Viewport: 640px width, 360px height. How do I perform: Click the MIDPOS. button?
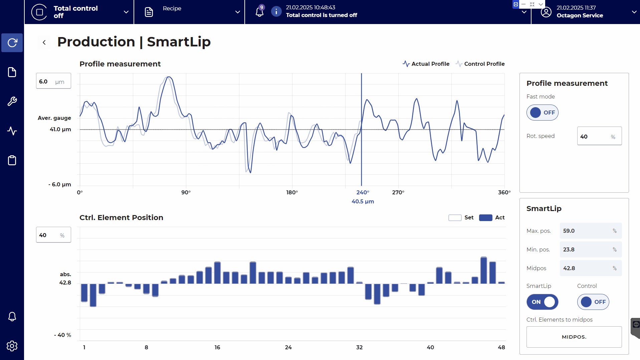(574, 337)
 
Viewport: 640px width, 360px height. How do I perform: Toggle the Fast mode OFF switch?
(542, 113)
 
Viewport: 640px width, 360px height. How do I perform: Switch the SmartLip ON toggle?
(542, 302)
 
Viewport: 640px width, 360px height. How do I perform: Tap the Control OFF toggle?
(593, 302)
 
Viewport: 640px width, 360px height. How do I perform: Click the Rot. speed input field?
(599, 136)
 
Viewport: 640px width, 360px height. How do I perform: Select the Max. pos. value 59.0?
(590, 231)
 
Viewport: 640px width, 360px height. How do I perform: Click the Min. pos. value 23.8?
(590, 249)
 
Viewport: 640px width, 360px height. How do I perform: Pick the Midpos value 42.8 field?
(590, 268)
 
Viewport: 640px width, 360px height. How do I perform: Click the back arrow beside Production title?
(44, 42)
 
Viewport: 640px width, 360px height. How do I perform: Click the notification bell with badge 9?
(259, 12)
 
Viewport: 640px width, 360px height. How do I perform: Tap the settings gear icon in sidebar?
(12, 346)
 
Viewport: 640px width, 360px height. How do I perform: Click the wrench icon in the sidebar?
(12, 101)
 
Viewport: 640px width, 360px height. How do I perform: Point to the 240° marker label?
(363, 192)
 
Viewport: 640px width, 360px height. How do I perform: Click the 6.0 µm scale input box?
(53, 81)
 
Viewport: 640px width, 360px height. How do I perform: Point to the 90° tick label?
(186, 192)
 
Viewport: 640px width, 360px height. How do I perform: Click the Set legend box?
(455, 218)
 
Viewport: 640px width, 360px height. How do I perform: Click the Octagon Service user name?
(580, 15)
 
